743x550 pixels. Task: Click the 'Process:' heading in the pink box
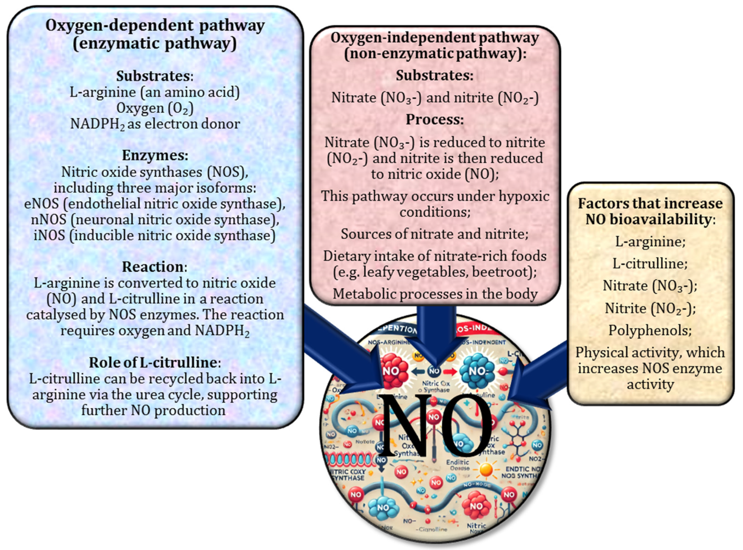pos(435,119)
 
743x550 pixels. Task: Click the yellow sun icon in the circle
pos(486,469)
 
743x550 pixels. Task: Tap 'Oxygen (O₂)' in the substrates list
pos(155,108)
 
